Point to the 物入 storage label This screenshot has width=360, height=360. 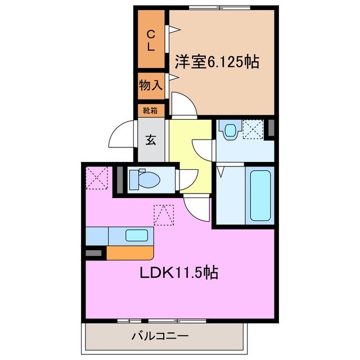(151, 85)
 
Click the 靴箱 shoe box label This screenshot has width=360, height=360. (150, 111)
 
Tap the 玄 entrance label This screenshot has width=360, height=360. (151, 140)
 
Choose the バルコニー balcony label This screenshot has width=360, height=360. (160, 336)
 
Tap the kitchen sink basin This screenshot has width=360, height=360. (137, 235)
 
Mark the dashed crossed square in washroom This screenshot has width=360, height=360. (253, 130)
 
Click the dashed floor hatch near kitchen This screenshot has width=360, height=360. (164, 214)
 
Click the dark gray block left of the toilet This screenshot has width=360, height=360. (119, 180)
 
